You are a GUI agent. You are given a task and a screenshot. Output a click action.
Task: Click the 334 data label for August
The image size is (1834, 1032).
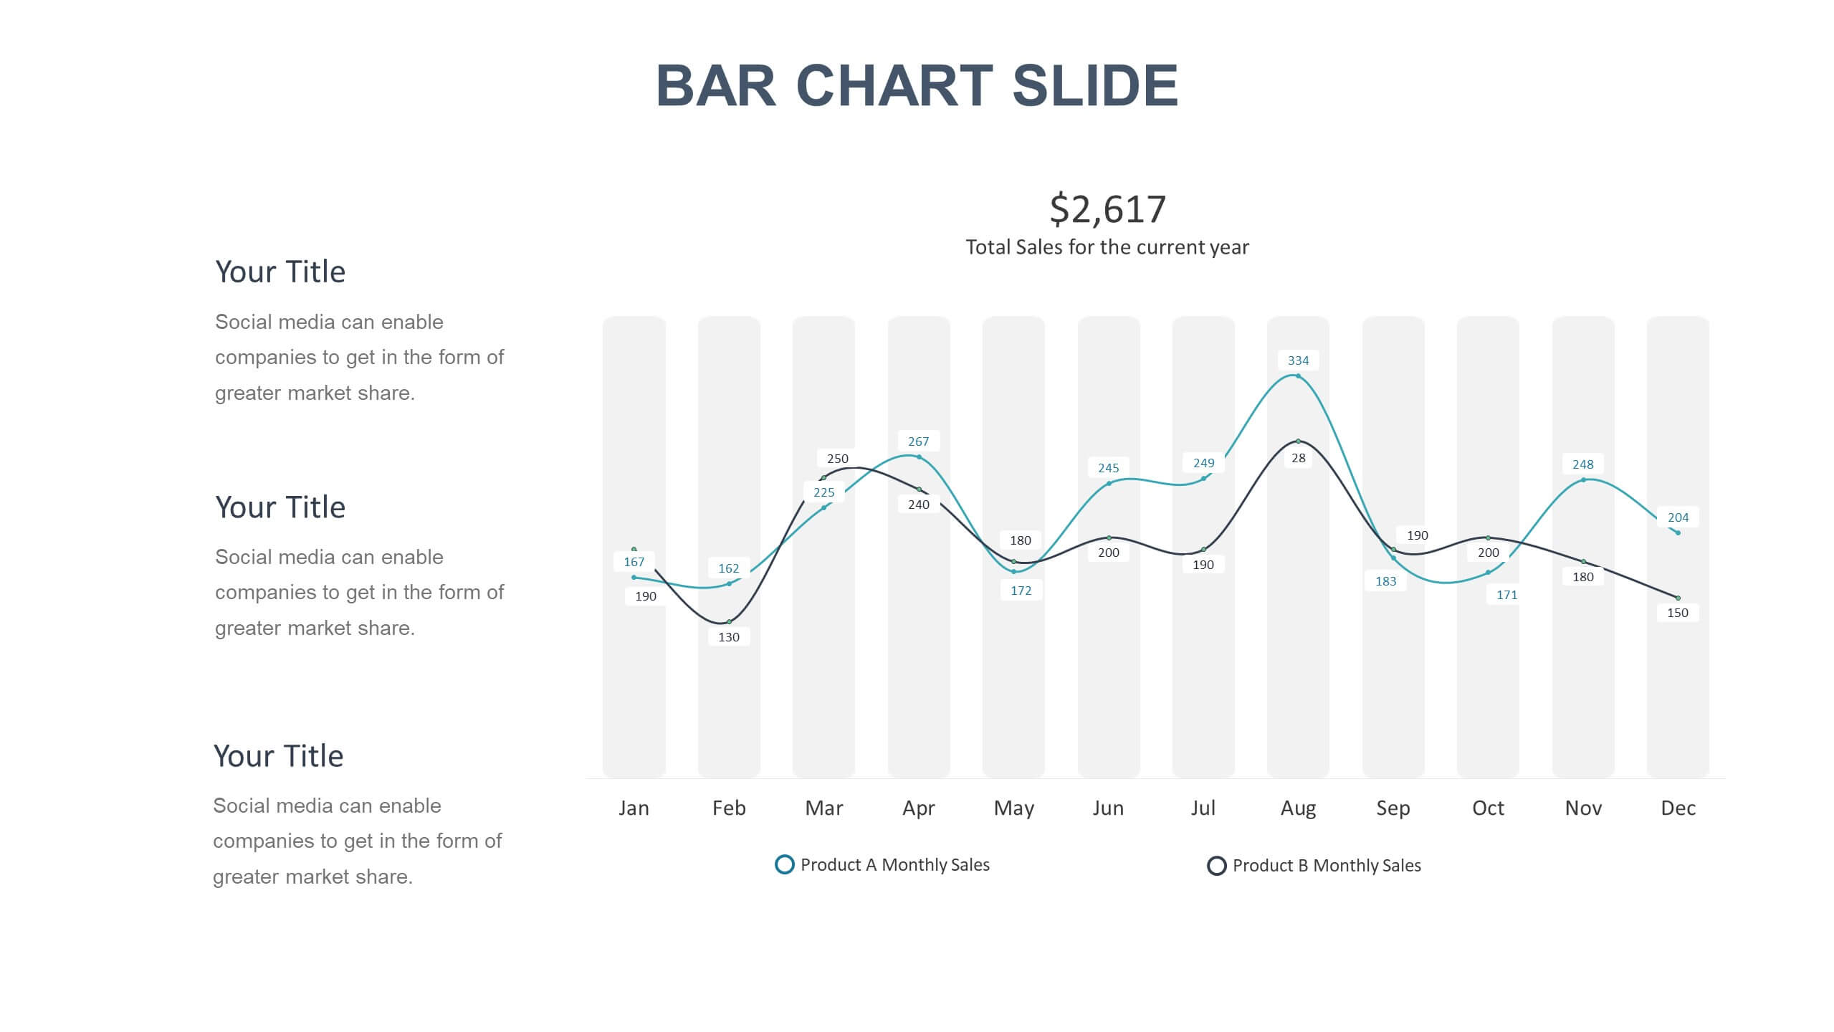[x=1298, y=360]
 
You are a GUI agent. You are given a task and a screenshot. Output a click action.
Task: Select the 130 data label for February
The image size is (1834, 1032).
[x=729, y=636]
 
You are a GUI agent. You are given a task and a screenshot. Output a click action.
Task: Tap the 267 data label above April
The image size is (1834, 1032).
[x=918, y=441]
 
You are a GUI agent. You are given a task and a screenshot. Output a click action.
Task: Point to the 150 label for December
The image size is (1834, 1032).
[x=1677, y=613]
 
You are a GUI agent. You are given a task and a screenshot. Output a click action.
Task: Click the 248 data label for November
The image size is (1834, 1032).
[x=1582, y=464]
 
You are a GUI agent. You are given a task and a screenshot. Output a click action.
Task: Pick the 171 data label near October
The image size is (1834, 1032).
[x=1506, y=595]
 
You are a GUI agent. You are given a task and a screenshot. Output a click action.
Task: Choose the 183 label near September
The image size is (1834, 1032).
[x=1385, y=581]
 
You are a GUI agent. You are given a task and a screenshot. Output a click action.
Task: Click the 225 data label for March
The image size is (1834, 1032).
[x=823, y=492]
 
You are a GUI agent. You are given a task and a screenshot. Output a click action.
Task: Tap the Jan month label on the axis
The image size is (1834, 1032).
[x=634, y=808]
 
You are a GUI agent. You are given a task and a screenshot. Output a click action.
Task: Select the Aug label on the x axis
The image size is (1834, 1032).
[x=1298, y=808]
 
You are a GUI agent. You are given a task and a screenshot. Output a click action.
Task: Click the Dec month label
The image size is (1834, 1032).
[x=1678, y=808]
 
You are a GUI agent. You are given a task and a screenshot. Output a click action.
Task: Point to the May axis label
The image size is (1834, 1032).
[x=1013, y=808]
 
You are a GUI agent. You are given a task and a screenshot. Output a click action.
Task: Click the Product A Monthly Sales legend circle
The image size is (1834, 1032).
[x=785, y=864]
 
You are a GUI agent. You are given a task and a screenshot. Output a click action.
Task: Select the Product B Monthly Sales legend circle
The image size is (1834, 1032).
[x=1216, y=866]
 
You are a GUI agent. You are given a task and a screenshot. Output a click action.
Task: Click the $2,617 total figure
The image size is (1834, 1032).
[x=1107, y=209]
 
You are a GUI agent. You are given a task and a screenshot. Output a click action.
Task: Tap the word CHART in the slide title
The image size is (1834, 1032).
[x=894, y=86]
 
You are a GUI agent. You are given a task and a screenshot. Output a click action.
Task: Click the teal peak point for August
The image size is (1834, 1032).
[x=1298, y=376]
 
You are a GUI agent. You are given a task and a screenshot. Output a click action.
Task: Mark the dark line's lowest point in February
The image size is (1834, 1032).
[x=729, y=621]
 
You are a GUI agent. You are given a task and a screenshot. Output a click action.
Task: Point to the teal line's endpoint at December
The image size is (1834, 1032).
[x=1678, y=532]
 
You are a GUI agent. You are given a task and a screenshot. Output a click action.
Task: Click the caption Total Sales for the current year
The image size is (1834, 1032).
[x=1107, y=247]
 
